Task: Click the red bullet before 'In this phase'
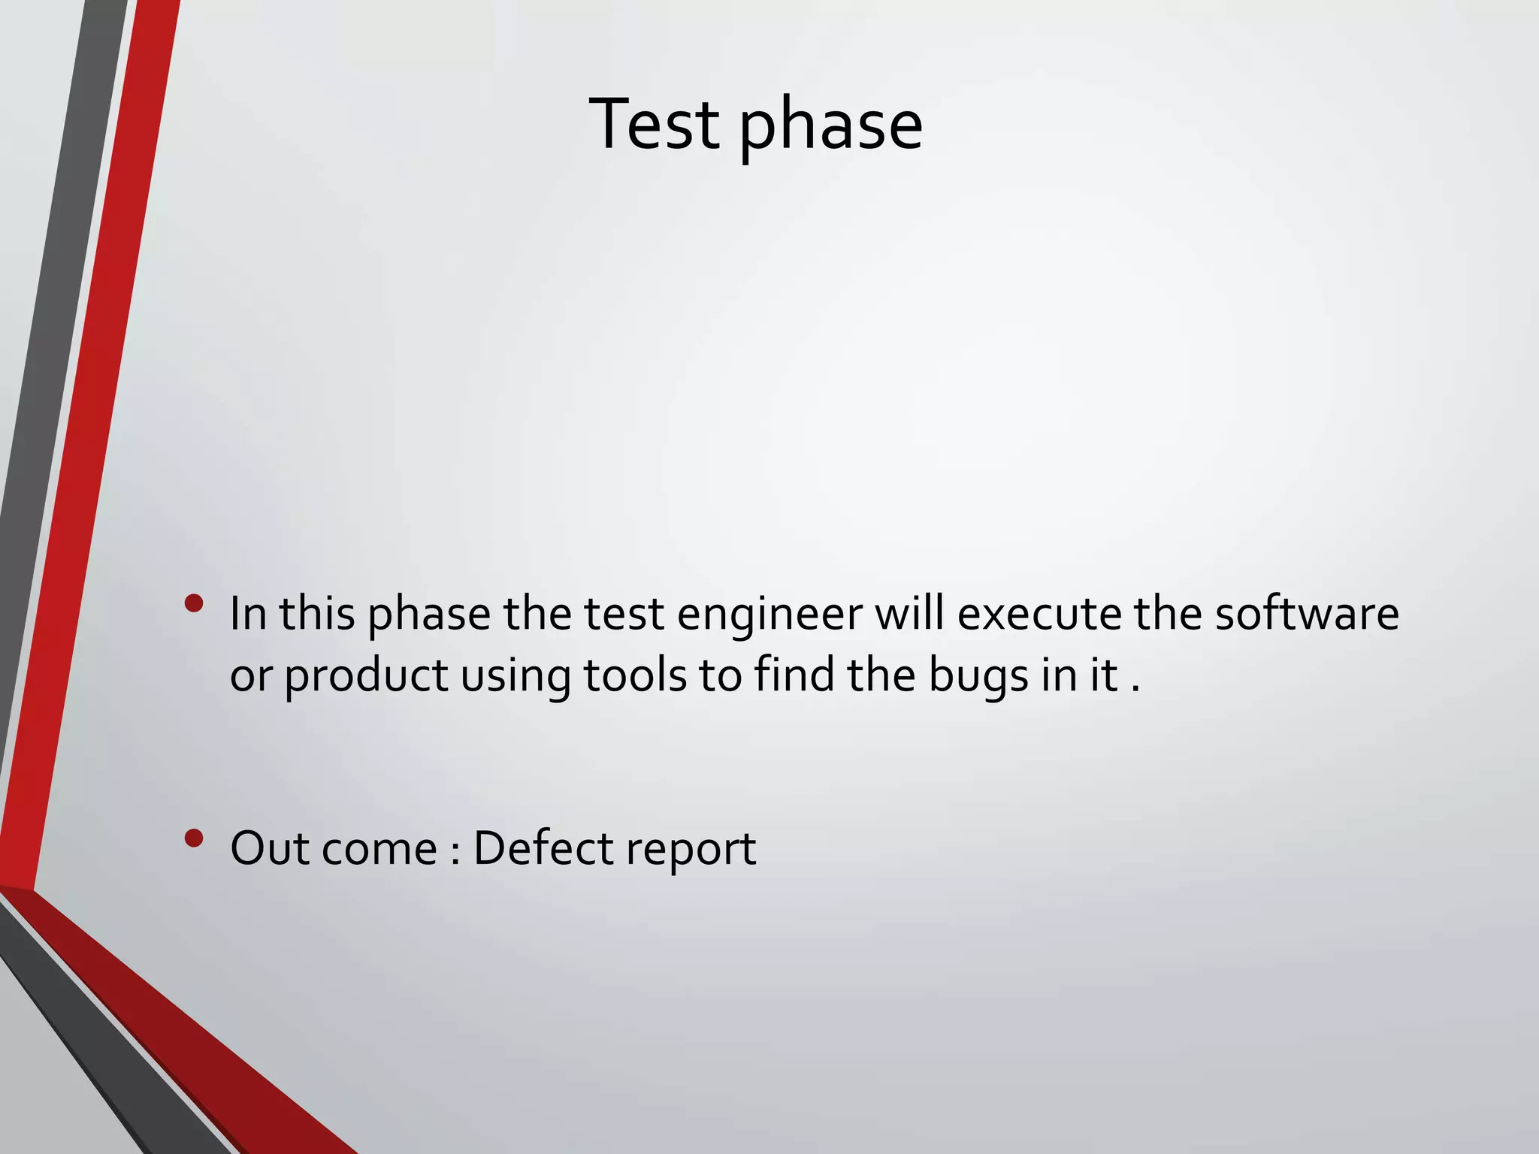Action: [194, 603]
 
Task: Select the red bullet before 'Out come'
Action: [194, 838]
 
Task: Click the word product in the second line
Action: [366, 676]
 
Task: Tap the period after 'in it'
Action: [1135, 688]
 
